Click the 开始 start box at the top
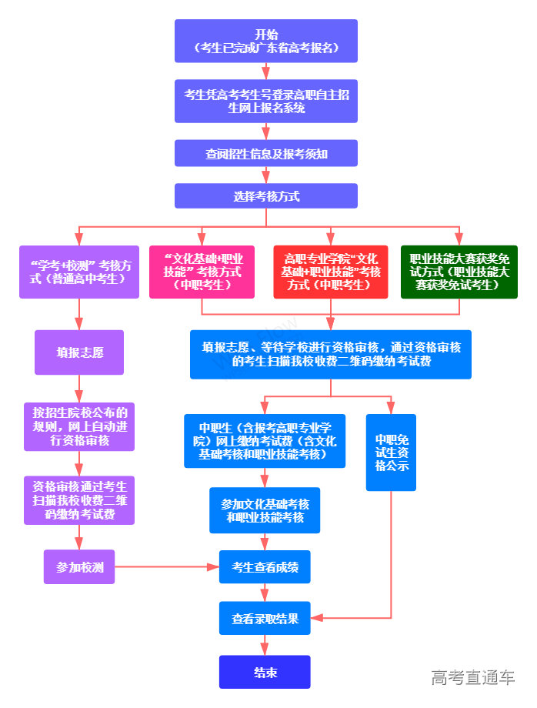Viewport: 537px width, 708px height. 266,41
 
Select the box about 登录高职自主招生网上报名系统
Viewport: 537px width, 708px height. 266,101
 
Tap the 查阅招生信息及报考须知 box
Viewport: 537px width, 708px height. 266,153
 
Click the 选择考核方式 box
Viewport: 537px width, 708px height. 266,195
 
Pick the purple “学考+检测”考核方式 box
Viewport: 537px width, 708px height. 80,272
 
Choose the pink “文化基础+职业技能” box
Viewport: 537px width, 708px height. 202,272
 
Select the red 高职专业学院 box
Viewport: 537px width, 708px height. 331,272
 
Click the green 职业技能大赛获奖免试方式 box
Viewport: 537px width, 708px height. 459,272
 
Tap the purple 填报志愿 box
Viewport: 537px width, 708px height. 79,352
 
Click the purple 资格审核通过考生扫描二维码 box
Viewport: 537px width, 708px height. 79,500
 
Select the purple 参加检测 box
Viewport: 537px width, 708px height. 79,567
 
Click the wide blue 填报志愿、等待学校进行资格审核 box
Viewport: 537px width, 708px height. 331,354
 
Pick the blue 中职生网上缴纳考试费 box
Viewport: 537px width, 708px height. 265,441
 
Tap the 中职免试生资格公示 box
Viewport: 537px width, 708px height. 391,453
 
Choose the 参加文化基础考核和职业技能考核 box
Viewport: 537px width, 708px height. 265,510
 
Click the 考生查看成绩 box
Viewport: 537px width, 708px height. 265,567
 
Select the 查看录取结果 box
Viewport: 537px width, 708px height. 265,618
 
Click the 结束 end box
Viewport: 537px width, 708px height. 265,672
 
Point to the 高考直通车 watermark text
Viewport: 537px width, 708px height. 472,677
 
